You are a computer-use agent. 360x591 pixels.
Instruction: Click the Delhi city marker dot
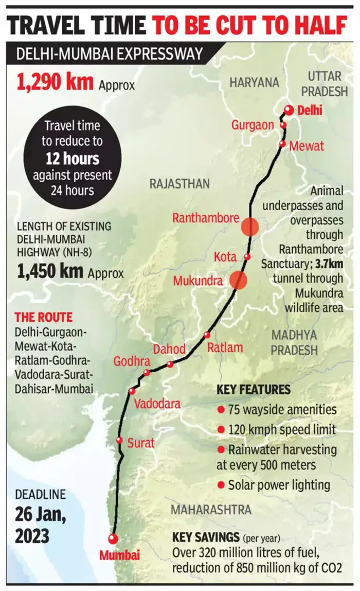pos(289,110)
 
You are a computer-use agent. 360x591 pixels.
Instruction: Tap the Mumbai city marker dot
pos(113,538)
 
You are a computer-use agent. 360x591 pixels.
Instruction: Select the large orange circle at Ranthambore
pos(250,227)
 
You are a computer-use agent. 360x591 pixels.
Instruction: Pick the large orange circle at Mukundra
pos(238,280)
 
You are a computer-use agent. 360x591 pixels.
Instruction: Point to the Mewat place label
pos(307,146)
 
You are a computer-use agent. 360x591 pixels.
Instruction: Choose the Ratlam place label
pos(225,347)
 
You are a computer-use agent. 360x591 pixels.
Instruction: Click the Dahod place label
pos(170,350)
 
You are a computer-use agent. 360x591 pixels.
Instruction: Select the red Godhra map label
pos(132,361)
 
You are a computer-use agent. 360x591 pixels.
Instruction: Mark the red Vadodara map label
pos(157,404)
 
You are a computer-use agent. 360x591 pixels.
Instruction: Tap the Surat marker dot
pos(119,440)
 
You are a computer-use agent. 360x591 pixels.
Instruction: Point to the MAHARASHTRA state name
pos(211,510)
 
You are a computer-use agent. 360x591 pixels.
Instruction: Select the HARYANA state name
pos(254,82)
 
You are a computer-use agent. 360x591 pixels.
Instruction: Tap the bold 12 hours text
pos(72,158)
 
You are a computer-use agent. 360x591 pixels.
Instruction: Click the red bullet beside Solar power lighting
pos(221,484)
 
